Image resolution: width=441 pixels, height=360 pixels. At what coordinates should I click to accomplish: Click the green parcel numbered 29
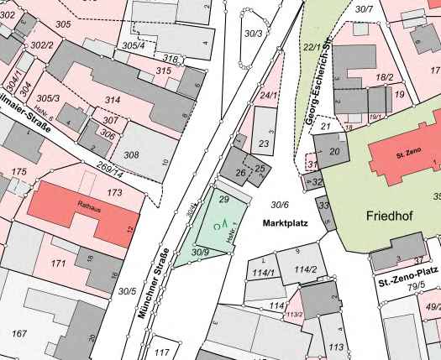pos(223,200)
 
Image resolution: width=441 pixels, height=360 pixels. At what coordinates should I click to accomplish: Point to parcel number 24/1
pos(268,96)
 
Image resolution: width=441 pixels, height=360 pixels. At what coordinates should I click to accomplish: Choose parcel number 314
pos(113,100)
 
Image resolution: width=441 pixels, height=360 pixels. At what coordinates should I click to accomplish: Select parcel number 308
pos(131,154)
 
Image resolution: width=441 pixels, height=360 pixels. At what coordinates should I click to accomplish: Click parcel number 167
pos(18,334)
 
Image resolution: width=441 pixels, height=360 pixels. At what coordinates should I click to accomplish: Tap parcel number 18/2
pos(385,77)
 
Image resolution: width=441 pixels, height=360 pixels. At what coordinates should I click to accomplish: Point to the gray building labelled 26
pos(240,174)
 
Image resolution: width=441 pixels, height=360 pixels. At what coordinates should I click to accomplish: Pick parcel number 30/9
pos(200,252)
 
